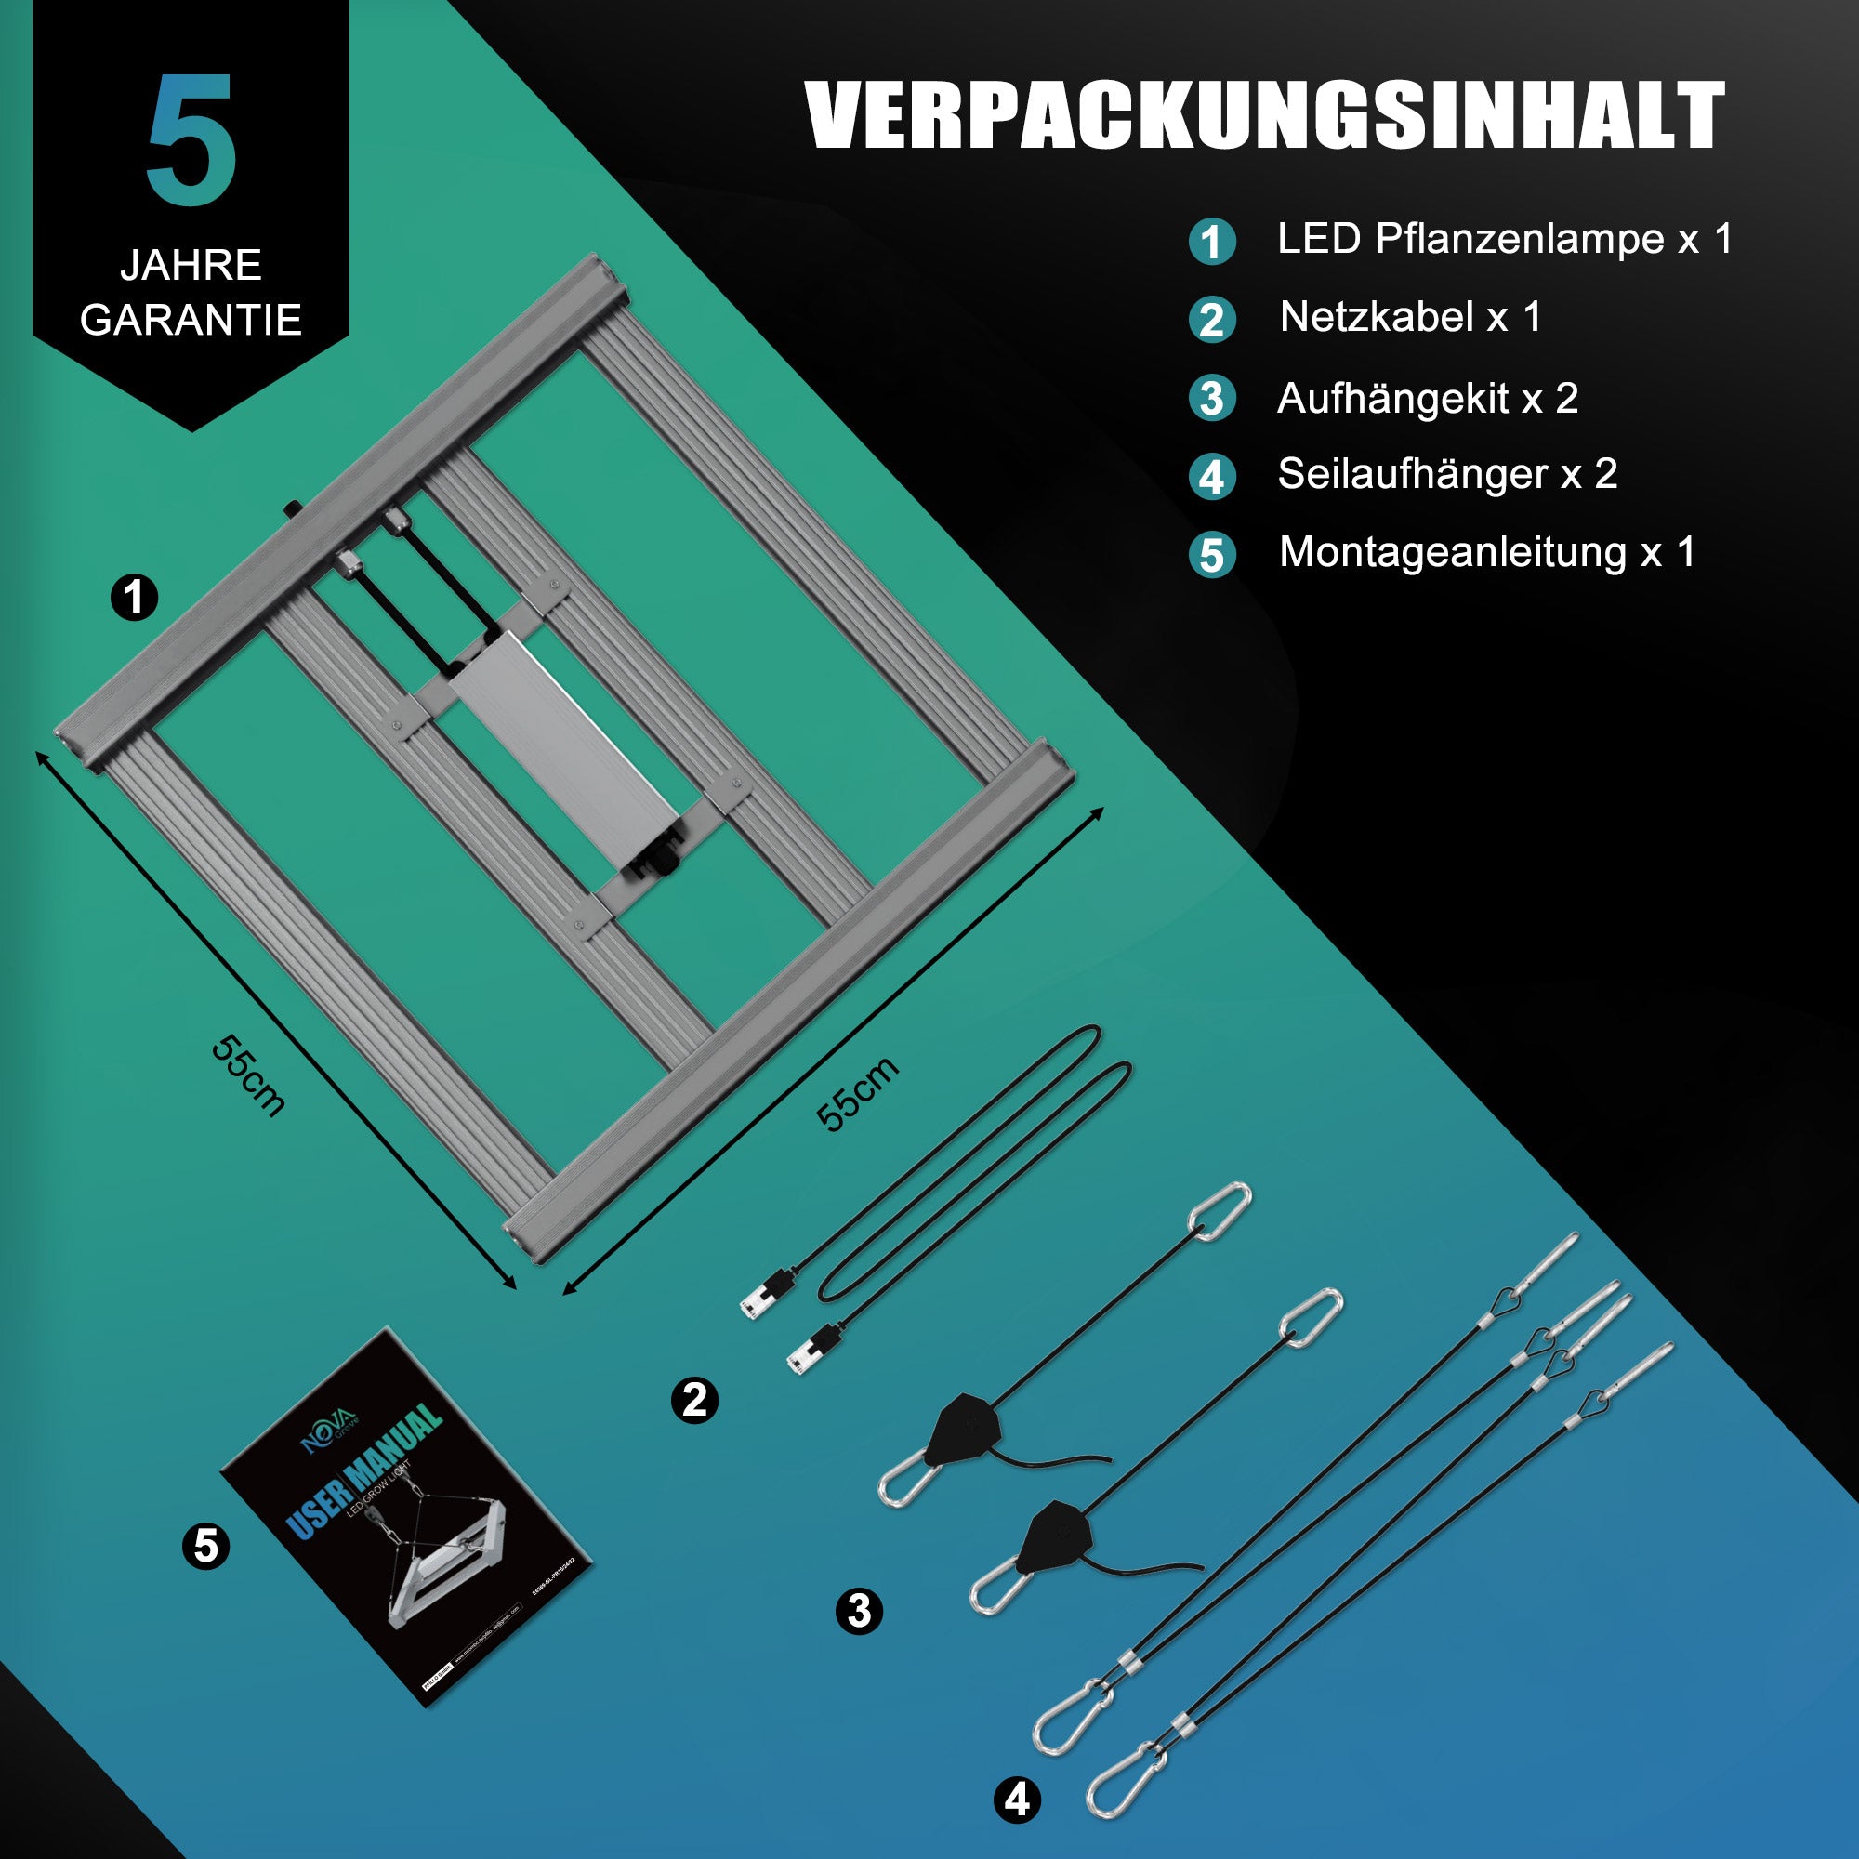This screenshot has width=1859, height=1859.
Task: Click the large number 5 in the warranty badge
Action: click(191, 140)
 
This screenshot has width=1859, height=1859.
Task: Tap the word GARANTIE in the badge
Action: click(191, 320)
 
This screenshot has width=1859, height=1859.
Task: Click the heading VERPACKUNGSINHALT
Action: click(1264, 115)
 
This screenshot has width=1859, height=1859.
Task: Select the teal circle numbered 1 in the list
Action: click(1212, 242)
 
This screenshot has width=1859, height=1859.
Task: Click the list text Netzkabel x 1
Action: click(1410, 317)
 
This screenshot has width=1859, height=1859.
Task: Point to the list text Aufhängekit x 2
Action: click(1427, 398)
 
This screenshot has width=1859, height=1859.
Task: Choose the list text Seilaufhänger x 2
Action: click(1446, 473)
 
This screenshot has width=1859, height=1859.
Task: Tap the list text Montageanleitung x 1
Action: click(1485, 552)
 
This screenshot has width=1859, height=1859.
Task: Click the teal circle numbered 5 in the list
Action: click(1212, 555)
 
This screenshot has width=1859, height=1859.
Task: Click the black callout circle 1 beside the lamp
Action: click(134, 597)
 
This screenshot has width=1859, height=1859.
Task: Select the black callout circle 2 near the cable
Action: click(693, 1400)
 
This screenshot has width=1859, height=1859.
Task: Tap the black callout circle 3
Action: click(858, 1611)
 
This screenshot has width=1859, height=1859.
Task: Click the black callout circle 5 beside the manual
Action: click(206, 1547)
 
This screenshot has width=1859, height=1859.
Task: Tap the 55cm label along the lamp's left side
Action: click(248, 1075)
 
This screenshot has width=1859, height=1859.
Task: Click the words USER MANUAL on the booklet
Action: click(365, 1470)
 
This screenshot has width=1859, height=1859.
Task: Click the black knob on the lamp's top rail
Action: click(292, 508)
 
